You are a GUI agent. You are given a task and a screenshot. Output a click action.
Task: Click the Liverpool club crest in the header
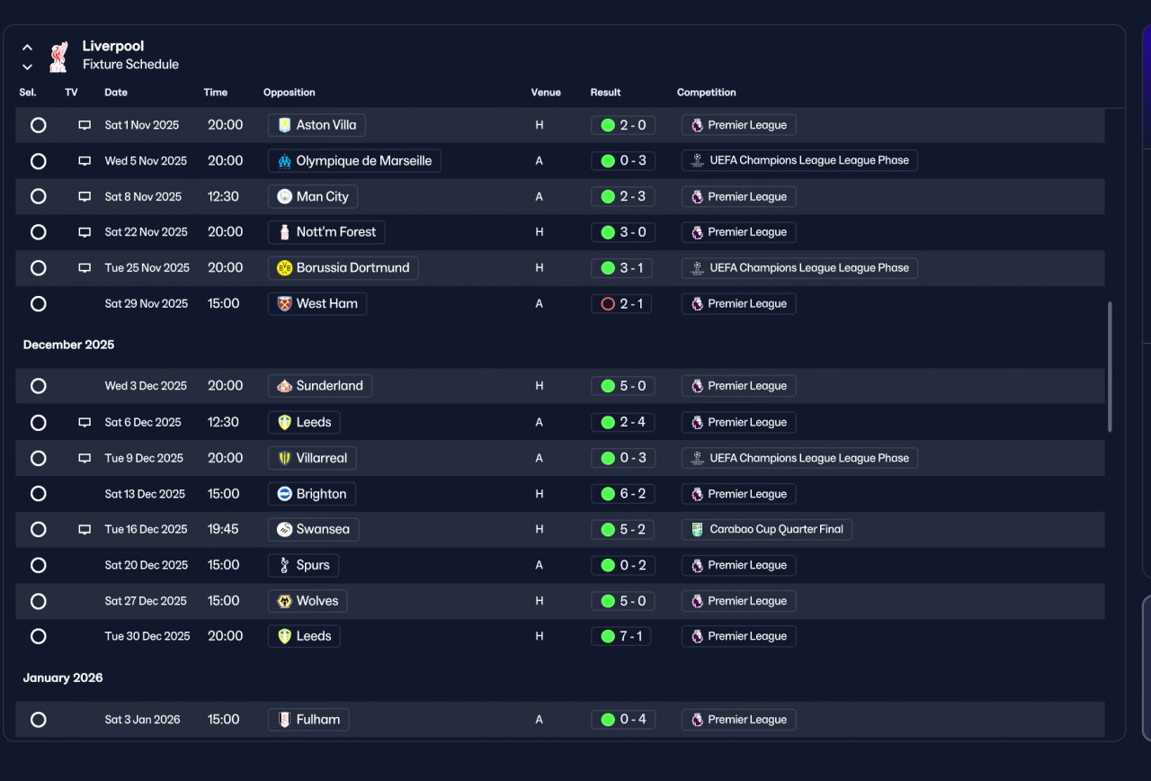click(x=58, y=57)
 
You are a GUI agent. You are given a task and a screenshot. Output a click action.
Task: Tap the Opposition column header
click(x=290, y=93)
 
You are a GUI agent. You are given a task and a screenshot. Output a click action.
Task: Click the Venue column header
click(x=546, y=93)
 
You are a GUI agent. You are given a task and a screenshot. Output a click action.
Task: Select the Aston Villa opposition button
click(x=317, y=125)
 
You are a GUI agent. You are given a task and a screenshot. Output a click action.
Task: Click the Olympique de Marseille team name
click(x=364, y=161)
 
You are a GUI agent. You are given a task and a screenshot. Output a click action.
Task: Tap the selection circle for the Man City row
click(x=38, y=196)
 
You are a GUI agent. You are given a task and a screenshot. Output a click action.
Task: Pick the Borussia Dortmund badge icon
click(x=284, y=268)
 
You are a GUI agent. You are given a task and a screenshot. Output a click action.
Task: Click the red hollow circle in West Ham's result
click(x=608, y=304)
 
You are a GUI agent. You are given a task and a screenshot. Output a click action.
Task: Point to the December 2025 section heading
click(x=68, y=345)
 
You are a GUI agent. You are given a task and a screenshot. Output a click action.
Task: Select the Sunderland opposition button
click(x=320, y=386)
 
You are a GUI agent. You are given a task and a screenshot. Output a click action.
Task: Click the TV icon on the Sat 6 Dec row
click(x=85, y=422)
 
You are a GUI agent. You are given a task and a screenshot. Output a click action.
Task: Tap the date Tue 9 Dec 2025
click(x=144, y=458)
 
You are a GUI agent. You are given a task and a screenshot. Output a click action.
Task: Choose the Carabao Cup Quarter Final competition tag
click(x=767, y=529)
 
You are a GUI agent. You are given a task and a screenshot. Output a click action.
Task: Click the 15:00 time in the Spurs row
click(x=224, y=565)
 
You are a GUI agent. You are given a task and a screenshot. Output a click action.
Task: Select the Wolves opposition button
click(x=308, y=600)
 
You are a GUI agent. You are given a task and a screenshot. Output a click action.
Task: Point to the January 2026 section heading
click(x=63, y=678)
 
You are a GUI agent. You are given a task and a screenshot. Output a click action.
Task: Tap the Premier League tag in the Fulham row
click(x=739, y=719)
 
